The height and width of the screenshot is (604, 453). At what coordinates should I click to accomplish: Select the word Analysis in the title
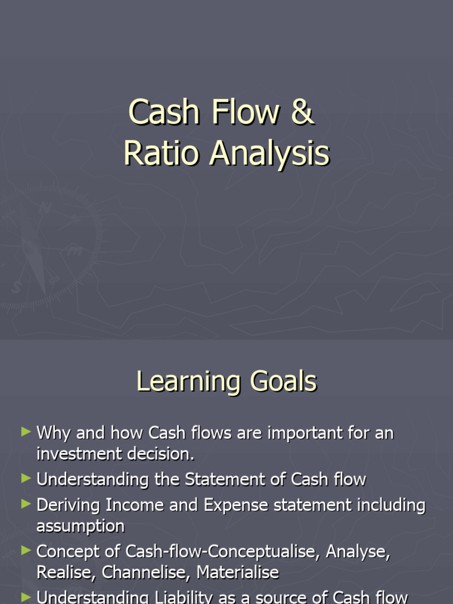[x=270, y=153]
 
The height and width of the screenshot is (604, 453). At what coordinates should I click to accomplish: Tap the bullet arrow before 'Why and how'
[x=25, y=432]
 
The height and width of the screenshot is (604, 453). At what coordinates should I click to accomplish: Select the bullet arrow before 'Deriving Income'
[x=25, y=504]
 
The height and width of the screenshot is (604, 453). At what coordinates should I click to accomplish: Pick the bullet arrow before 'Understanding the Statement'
[x=25, y=478]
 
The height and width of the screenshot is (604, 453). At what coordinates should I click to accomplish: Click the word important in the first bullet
[x=303, y=433]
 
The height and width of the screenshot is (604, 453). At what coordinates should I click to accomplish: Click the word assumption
[x=80, y=526]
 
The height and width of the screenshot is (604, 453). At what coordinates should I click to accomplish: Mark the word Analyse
[x=358, y=552]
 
